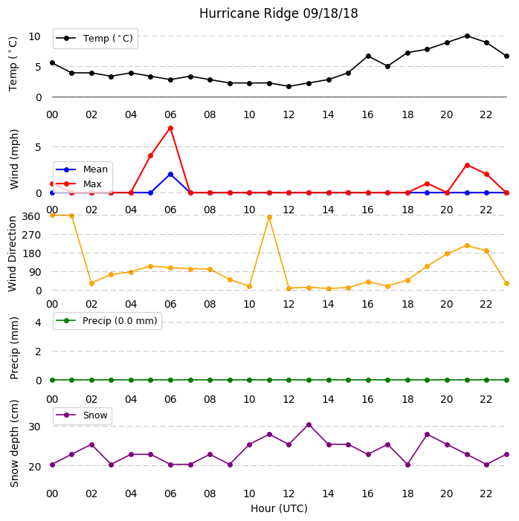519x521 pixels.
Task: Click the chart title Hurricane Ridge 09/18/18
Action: pyautogui.click(x=278, y=13)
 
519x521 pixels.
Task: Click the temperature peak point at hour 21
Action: pyautogui.click(x=467, y=36)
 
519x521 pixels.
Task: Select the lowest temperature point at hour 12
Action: pyautogui.click(x=289, y=86)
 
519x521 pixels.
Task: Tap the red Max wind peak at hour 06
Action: pyautogui.click(x=170, y=129)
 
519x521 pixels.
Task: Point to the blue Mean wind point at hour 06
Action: pyautogui.click(x=170, y=175)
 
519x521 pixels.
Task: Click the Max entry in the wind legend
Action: pyautogui.click(x=79, y=184)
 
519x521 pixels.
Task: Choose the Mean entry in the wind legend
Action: pyautogui.click(x=82, y=169)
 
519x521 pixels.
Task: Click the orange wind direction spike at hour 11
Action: pyautogui.click(x=269, y=218)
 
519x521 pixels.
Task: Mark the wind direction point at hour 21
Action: pyautogui.click(x=467, y=246)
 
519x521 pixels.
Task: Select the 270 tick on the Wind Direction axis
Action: pyautogui.click(x=31, y=236)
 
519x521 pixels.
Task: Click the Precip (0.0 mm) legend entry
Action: pyautogui.click(x=106, y=320)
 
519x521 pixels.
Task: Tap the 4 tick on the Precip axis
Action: pyautogui.click(x=38, y=323)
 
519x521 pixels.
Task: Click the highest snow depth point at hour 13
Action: pyautogui.click(x=309, y=425)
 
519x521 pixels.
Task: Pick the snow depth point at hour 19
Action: pyautogui.click(x=428, y=435)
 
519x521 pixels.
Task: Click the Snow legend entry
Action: pyautogui.click(x=82, y=415)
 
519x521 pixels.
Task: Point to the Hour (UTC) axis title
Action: pyautogui.click(x=279, y=508)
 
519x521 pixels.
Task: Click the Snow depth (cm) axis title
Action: pyautogui.click(x=14, y=444)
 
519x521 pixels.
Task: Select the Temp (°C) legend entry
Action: pyautogui.click(x=94, y=39)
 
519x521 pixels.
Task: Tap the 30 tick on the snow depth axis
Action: pyautogui.click(x=34, y=427)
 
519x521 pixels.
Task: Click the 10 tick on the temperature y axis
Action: pyautogui.click(x=34, y=36)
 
